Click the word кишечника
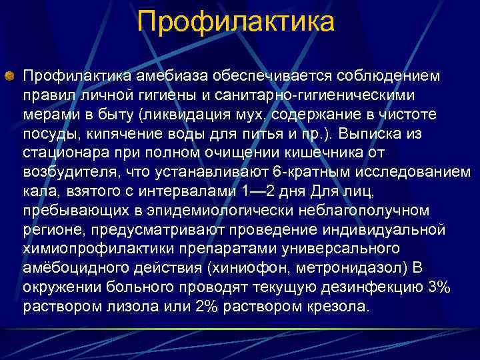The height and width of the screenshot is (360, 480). (x=334, y=152)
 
